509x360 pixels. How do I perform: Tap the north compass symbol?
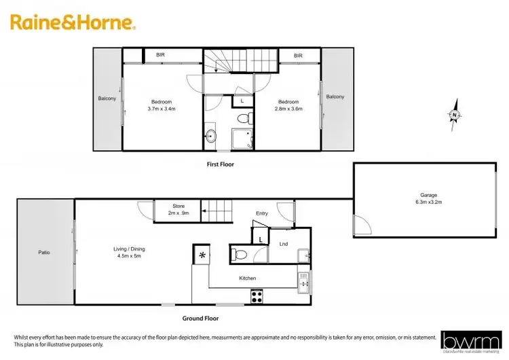[x=454, y=116]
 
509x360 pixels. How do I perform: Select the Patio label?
[x=44, y=253]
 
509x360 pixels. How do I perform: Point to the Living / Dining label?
[x=129, y=252]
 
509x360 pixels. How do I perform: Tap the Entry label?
[x=262, y=213]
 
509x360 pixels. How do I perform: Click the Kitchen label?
[x=248, y=278]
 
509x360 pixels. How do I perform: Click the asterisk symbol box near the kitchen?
[x=202, y=255]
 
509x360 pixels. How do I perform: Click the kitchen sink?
[x=303, y=280]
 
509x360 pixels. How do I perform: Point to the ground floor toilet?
[x=238, y=254]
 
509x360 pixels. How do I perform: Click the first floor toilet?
[x=244, y=119]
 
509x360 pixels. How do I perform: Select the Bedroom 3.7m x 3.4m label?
[x=162, y=105]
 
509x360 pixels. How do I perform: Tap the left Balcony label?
[x=107, y=98]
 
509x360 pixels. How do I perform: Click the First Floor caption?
[x=221, y=164]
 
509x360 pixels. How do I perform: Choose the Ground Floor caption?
[x=201, y=318]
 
